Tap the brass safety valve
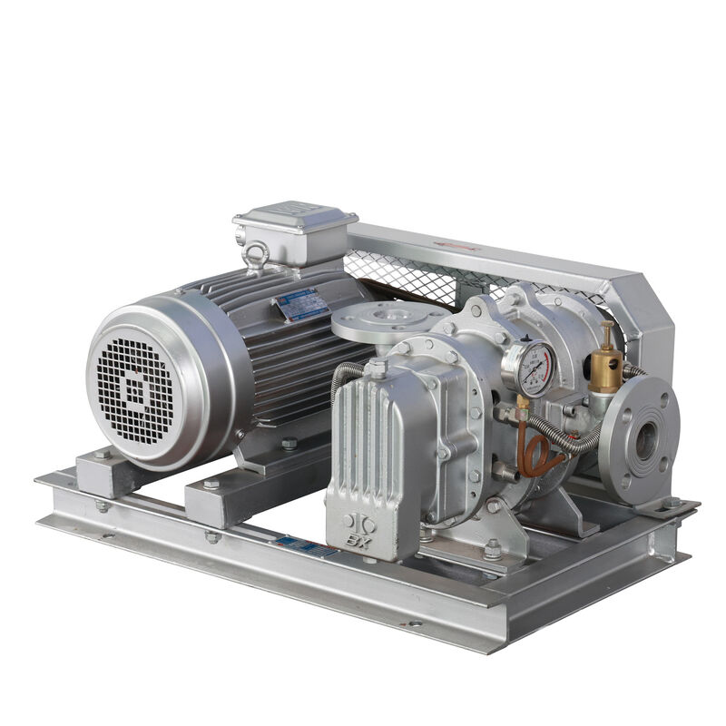604,364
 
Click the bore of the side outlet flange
646,438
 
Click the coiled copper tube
542,452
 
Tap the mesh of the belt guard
408,277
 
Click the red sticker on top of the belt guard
462,244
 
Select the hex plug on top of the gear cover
376,368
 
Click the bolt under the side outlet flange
670,501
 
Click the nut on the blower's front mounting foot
491,546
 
